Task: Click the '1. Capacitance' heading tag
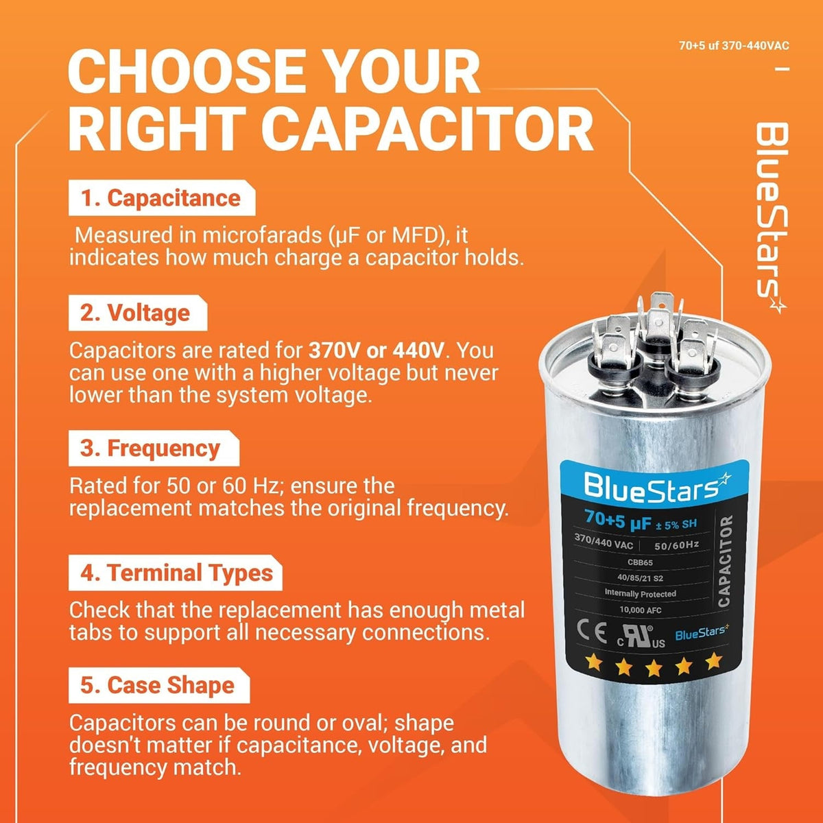pyautogui.click(x=162, y=198)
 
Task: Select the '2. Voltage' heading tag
pyautogui.click(x=138, y=313)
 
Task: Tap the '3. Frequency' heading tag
pyautogui.click(x=154, y=449)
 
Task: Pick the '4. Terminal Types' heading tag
pyautogui.click(x=175, y=573)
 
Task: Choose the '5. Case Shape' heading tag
pyautogui.click(x=159, y=685)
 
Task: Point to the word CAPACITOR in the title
pyautogui.click(x=427, y=128)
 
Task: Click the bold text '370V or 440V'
pyautogui.click(x=377, y=350)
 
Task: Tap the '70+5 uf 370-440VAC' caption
pyautogui.click(x=734, y=46)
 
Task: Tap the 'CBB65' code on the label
pyautogui.click(x=640, y=562)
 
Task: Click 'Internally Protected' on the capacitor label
pyautogui.click(x=640, y=593)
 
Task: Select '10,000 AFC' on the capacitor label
pyautogui.click(x=640, y=610)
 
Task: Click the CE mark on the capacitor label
pyautogui.click(x=592, y=632)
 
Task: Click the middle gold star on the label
pyautogui.click(x=654, y=667)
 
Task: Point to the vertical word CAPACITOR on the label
pyautogui.click(x=726, y=561)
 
